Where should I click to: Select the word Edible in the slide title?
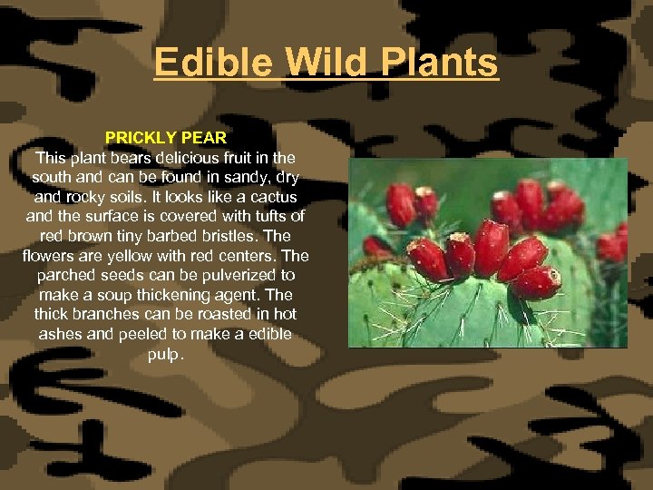click(211, 63)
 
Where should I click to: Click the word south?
click(52, 177)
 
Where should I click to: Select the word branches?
click(107, 314)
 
